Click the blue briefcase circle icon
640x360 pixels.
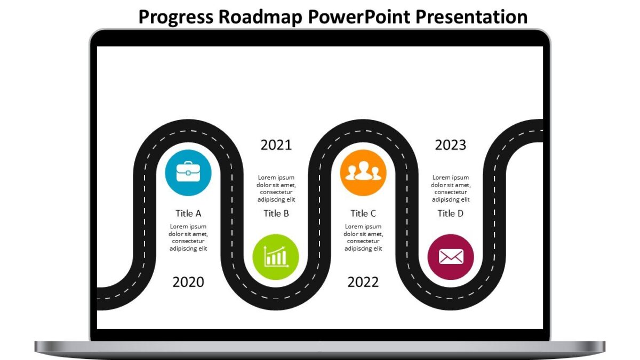188,173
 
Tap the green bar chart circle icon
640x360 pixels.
276,257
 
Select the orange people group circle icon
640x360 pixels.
363,173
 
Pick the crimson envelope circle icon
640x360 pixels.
451,257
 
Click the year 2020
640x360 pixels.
188,282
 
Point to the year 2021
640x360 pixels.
276,145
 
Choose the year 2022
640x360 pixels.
363,282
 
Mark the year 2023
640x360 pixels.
451,145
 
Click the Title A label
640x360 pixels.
188,213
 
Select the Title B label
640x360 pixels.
276,213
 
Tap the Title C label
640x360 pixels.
363,213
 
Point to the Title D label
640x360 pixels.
451,213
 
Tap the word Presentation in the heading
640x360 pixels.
471,17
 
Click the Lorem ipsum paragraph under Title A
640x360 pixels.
188,237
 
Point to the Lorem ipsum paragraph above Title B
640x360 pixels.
276,188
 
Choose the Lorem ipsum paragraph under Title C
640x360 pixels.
363,237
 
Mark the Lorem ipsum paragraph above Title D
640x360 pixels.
451,188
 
